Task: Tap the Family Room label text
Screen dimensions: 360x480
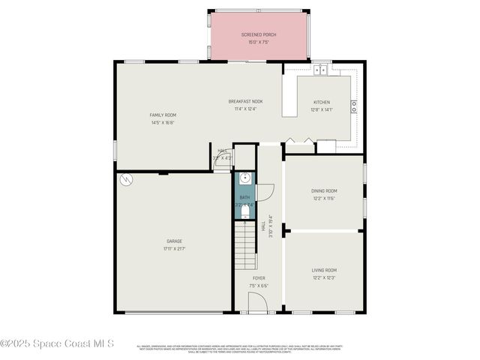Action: click(x=163, y=115)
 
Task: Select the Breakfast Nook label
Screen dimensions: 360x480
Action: click(x=245, y=101)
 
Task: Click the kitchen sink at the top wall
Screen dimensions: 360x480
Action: click(x=321, y=69)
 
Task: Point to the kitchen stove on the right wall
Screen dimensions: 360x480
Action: click(x=354, y=106)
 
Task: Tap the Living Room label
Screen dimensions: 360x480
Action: click(x=324, y=270)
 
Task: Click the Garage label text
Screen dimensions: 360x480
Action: click(x=173, y=241)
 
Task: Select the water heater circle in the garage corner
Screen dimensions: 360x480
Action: click(x=127, y=180)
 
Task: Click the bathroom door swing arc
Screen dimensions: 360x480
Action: click(x=264, y=192)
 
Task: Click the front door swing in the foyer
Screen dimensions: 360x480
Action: click(x=257, y=302)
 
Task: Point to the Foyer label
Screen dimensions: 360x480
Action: click(x=258, y=278)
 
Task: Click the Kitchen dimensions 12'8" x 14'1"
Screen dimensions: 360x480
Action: click(x=321, y=109)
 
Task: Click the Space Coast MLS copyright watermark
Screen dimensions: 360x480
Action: click(x=57, y=343)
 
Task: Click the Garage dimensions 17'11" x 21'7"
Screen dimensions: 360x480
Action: click(x=173, y=248)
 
